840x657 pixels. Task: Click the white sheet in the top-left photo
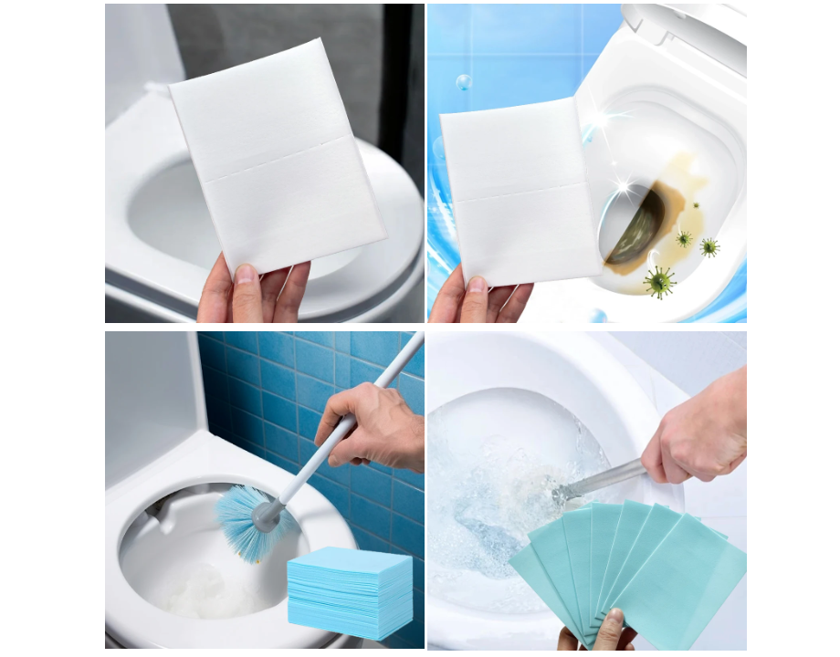[x=274, y=155]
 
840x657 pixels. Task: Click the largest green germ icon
[x=658, y=281]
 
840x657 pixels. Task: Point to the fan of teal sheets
[x=630, y=566]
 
